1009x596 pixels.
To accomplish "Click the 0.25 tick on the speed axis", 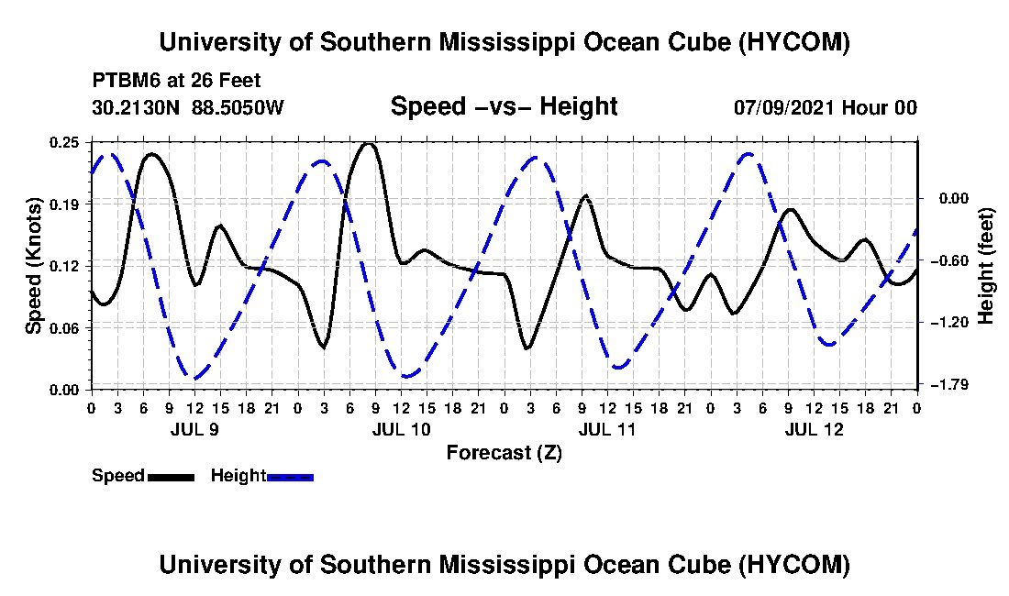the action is coord(64,142).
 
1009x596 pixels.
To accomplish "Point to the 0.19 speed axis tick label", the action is coord(64,204).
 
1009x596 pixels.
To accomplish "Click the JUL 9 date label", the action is coord(194,429).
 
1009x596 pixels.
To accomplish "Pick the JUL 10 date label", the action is coord(401,429).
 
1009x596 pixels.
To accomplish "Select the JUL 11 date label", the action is coord(607,429).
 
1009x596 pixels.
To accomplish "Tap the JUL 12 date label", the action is coord(814,429).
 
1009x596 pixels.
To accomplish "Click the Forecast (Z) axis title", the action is coord(504,453).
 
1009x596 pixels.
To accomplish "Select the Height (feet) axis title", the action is coord(985,266).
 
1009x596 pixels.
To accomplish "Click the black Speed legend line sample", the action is coord(171,477).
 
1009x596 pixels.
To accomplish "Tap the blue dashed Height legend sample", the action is coord(290,477).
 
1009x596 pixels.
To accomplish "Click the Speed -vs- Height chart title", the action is coord(504,106).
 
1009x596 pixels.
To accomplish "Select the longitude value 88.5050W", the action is coord(238,107).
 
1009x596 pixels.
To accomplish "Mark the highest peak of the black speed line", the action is coord(368,143).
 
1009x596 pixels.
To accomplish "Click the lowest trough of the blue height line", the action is coord(194,378).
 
